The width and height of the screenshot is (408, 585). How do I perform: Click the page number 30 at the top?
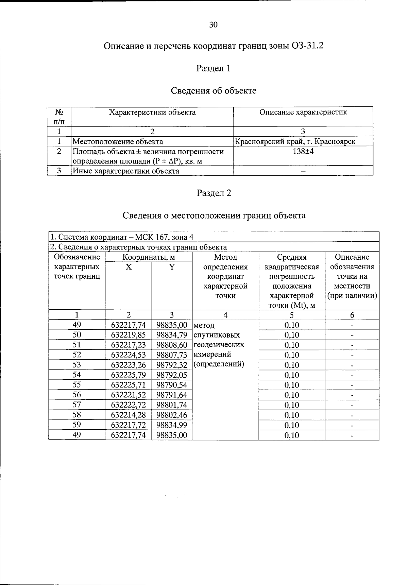214,24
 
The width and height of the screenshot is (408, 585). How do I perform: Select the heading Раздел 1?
214,68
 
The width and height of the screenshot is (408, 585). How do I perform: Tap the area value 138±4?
303,151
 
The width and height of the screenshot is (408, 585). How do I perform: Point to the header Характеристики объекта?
152,112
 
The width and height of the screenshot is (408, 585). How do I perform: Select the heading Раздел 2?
214,193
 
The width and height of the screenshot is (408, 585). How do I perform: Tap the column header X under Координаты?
128,267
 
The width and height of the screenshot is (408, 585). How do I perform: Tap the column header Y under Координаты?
172,267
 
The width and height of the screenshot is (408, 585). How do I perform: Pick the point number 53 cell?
77,365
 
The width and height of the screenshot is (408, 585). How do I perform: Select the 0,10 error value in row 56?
292,395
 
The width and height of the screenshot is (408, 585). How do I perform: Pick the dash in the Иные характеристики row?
303,171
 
